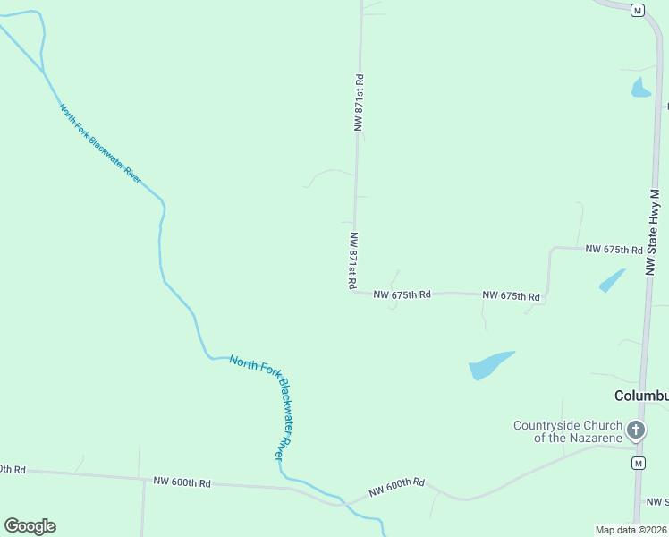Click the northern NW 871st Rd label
click(x=360, y=103)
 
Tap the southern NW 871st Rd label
click(x=353, y=260)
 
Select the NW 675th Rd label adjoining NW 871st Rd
click(x=402, y=294)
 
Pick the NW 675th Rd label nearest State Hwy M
click(x=614, y=249)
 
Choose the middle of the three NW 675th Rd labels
click(x=511, y=295)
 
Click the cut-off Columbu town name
click(x=641, y=396)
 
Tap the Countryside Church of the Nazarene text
click(x=567, y=431)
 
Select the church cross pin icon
click(x=636, y=430)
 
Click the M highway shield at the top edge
click(x=637, y=10)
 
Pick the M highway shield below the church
click(x=638, y=463)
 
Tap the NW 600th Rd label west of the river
click(x=182, y=482)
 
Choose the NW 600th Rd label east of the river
click(x=396, y=488)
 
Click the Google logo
click(x=30, y=525)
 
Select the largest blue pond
click(x=490, y=364)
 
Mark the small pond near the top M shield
click(x=640, y=88)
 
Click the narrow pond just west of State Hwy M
click(x=612, y=280)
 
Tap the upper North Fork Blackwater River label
click(x=100, y=143)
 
